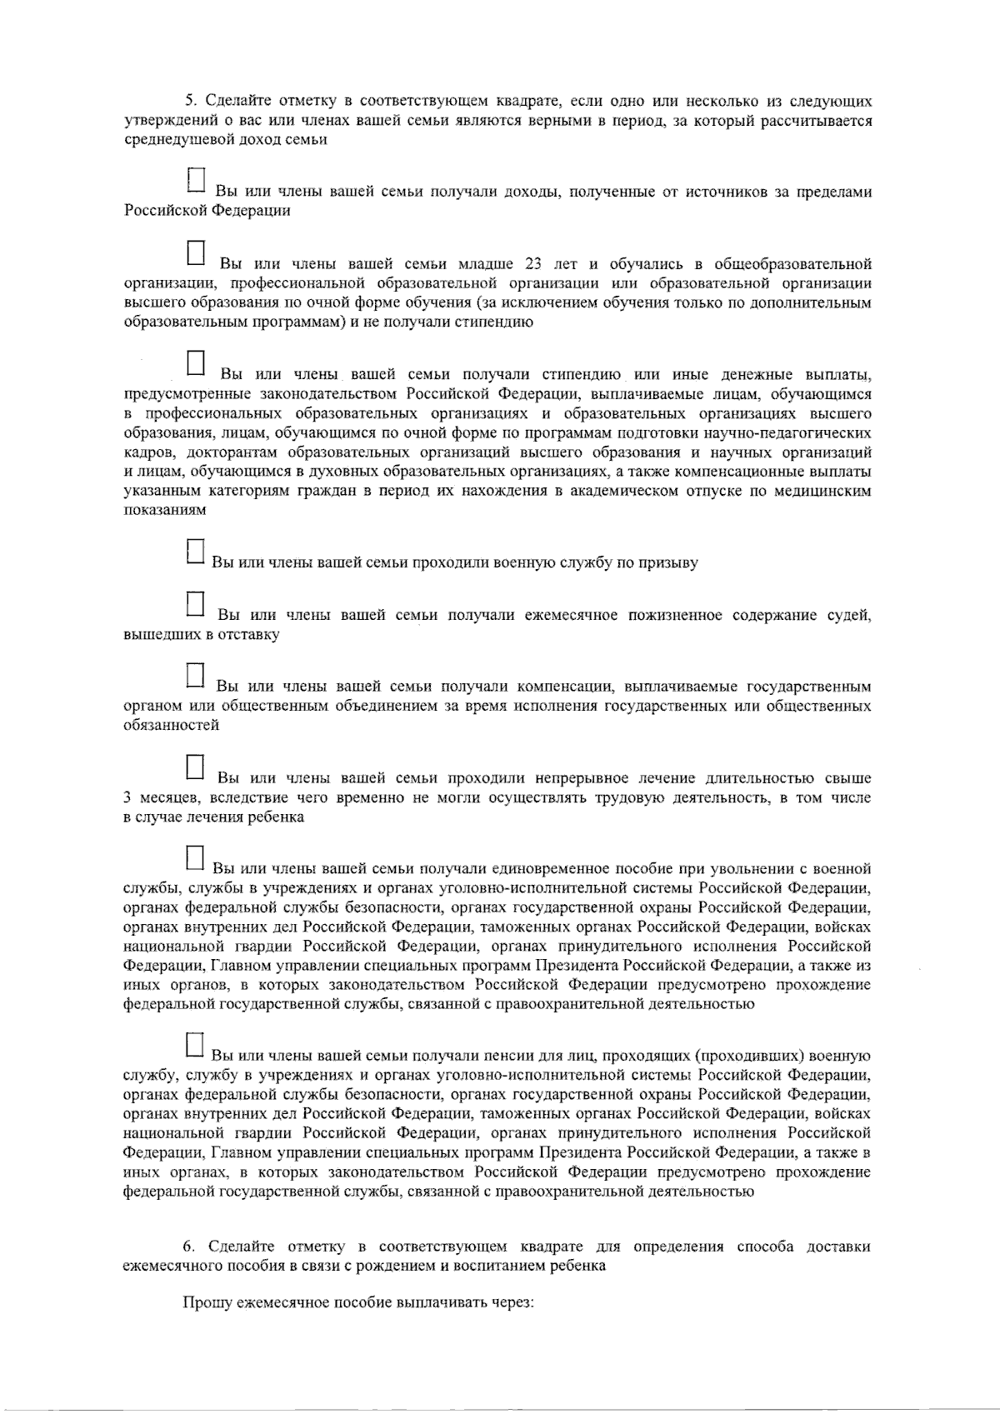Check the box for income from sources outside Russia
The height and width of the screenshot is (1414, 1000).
[x=196, y=180]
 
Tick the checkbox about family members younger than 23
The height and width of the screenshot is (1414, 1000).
[x=196, y=253]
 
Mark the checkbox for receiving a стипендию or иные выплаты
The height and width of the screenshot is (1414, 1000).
[x=196, y=363]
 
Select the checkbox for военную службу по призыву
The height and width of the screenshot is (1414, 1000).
[x=194, y=551]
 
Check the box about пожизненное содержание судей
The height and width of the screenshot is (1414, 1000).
[x=195, y=604]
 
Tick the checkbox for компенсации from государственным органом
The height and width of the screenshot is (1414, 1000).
[x=195, y=676]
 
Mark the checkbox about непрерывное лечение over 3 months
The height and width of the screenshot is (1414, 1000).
[x=195, y=767]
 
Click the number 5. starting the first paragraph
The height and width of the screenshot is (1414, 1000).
[x=189, y=101]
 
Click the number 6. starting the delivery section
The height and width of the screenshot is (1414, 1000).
[x=189, y=1247]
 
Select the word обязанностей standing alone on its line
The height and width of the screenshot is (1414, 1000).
[x=171, y=726]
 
